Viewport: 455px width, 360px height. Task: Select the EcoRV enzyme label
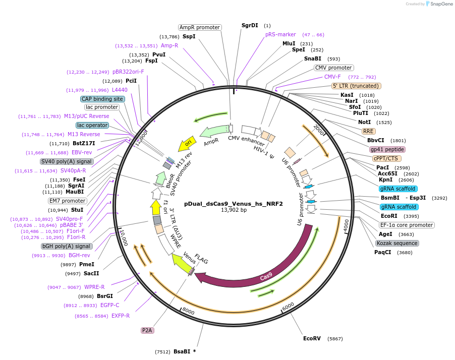click(312, 338)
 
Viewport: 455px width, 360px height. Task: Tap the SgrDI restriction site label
click(250, 25)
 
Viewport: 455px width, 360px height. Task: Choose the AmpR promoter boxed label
click(200, 27)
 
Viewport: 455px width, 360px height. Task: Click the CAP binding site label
click(102, 99)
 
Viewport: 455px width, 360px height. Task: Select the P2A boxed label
click(147, 330)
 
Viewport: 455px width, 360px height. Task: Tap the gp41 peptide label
click(387, 149)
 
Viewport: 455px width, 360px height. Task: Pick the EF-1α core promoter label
click(407, 225)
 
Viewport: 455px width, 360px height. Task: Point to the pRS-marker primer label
click(280, 35)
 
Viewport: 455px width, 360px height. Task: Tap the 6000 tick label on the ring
click(288, 306)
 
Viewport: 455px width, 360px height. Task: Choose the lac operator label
click(92, 125)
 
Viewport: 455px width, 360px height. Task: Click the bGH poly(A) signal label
click(67, 247)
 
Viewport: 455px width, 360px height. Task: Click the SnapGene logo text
click(440, 4)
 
